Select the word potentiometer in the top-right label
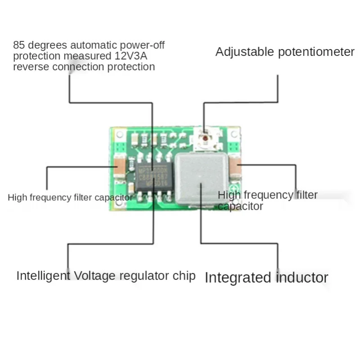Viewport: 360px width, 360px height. (316, 52)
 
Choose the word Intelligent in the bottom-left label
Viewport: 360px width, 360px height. (43, 276)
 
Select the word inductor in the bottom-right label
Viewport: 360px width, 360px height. (302, 277)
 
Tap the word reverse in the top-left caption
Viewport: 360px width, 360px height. (29, 67)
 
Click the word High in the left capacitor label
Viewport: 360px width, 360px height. (17, 198)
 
